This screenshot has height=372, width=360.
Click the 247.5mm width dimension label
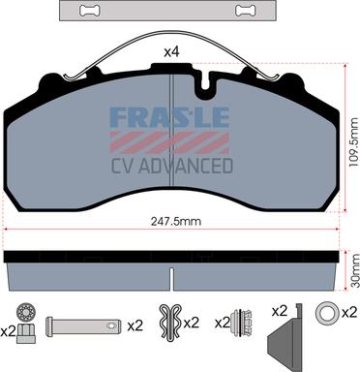tap(176, 222)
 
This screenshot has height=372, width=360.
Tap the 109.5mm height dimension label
tap(354, 142)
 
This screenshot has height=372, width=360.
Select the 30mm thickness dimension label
tap(355, 270)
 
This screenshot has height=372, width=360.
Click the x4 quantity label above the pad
tap(171, 52)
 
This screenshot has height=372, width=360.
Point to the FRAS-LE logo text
tap(169, 116)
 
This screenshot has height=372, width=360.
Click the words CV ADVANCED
tap(172, 166)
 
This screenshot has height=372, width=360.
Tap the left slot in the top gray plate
tap(90, 11)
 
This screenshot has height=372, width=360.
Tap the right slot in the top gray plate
tap(246, 11)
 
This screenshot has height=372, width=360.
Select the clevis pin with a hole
tap(83, 326)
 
